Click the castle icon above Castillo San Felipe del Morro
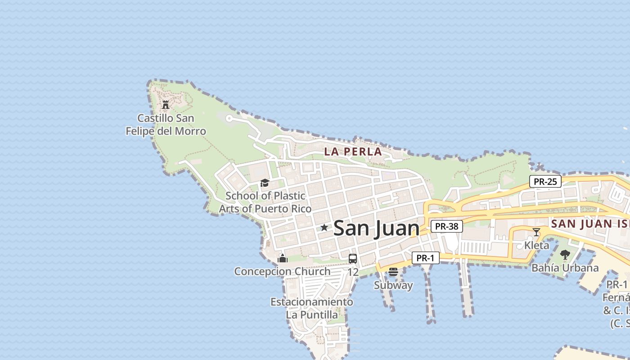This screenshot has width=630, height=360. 166,105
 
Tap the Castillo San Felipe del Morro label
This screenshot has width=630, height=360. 166,125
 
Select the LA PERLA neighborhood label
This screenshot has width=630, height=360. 353,152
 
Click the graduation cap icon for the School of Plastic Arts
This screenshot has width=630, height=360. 265,183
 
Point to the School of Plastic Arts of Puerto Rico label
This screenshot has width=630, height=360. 265,202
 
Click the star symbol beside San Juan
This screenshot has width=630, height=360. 324,228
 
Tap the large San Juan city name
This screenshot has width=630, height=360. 376,228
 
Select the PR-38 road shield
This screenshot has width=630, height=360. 446,226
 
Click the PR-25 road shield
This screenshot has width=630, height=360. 545,182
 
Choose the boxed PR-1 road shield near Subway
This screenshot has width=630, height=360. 425,258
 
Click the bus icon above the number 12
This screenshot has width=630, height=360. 353,259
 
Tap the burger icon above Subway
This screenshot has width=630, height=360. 393,272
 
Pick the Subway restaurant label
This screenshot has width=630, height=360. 393,285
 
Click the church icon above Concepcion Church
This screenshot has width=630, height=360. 283,258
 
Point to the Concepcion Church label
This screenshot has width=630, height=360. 282,271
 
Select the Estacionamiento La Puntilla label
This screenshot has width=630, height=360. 312,308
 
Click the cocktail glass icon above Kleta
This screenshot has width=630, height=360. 536,232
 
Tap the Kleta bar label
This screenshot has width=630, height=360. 536,245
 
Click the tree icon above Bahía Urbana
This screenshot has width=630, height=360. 565,255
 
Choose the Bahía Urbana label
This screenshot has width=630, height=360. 565,268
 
